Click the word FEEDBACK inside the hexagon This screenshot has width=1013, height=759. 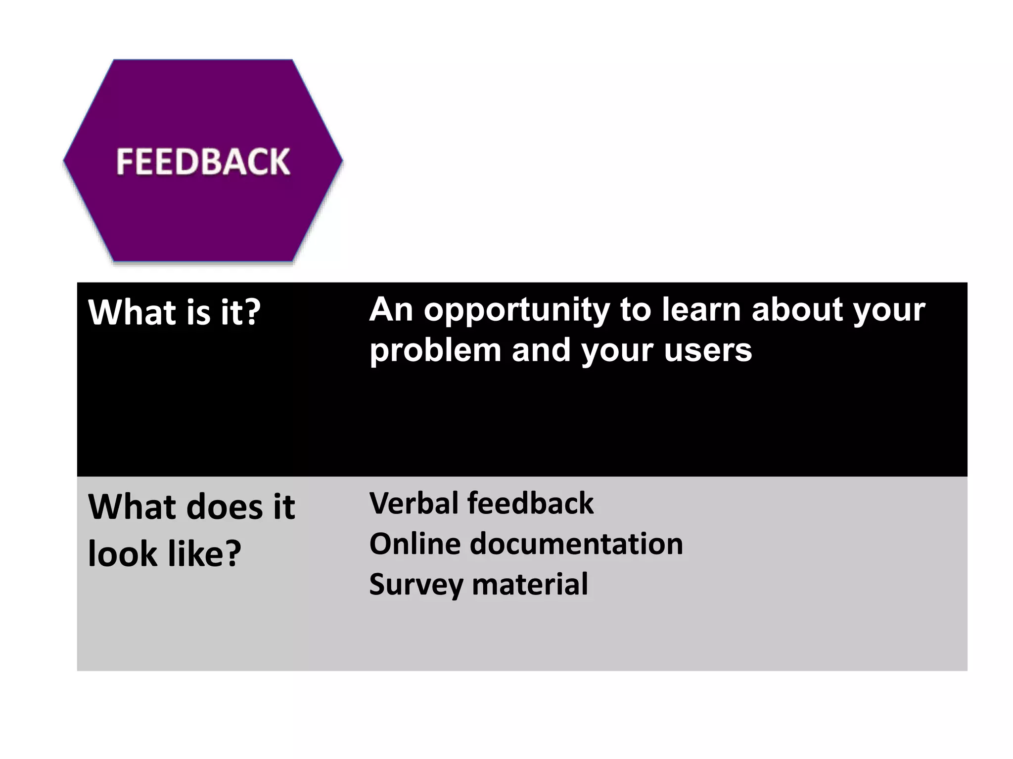(203, 162)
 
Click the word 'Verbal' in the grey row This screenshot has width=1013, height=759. (414, 504)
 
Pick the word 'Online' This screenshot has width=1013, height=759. (415, 544)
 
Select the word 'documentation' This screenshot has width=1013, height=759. (576, 544)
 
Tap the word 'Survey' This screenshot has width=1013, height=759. (416, 585)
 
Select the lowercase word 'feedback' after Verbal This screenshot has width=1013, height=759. (530, 504)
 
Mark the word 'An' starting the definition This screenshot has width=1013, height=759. (391, 310)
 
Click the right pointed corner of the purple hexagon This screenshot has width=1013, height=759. (341, 160)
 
